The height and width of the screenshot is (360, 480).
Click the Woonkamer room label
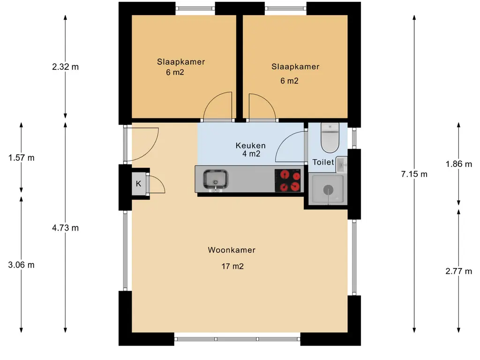[x=232, y=250]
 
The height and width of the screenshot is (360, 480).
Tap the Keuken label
[x=250, y=146]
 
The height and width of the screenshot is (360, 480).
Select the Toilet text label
[x=323, y=162]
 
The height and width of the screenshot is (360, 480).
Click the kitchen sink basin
[x=216, y=180]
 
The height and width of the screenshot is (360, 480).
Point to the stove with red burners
[x=288, y=180]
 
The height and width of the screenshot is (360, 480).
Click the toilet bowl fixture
[x=330, y=138]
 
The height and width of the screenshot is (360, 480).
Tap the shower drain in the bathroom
[x=328, y=190]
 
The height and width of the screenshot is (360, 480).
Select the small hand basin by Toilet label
[x=342, y=165]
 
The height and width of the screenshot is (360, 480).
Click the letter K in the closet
[x=139, y=184]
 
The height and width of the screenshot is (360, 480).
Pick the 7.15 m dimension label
[x=414, y=174]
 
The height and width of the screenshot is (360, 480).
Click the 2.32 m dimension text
[x=65, y=67]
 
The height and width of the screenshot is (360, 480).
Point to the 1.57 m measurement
[x=22, y=158]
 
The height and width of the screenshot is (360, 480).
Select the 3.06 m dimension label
[x=22, y=265]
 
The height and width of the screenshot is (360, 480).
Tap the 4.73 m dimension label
[x=65, y=228]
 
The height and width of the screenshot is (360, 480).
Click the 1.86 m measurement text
[x=458, y=164]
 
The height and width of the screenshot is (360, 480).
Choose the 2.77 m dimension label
[x=458, y=271]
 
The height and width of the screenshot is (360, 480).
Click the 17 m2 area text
[x=232, y=267]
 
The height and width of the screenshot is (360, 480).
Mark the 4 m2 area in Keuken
[x=251, y=154]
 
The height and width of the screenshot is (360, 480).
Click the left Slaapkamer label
[x=181, y=62]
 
